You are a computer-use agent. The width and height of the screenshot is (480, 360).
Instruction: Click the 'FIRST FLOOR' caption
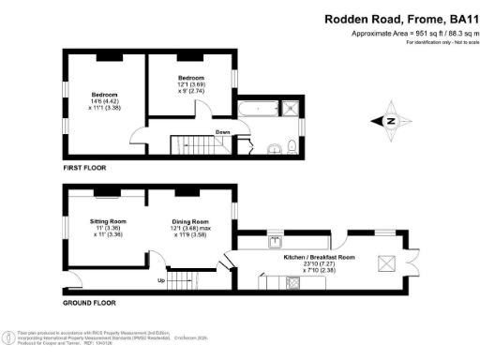coord(85,168)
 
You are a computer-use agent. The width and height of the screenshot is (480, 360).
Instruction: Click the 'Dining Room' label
coord(188,221)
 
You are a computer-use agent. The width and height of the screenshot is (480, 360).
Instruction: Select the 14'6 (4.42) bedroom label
coord(104,100)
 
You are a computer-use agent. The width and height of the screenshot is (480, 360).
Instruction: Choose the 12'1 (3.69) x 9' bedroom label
coord(191,82)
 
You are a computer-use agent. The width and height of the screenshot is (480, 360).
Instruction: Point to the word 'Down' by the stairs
coord(222,132)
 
